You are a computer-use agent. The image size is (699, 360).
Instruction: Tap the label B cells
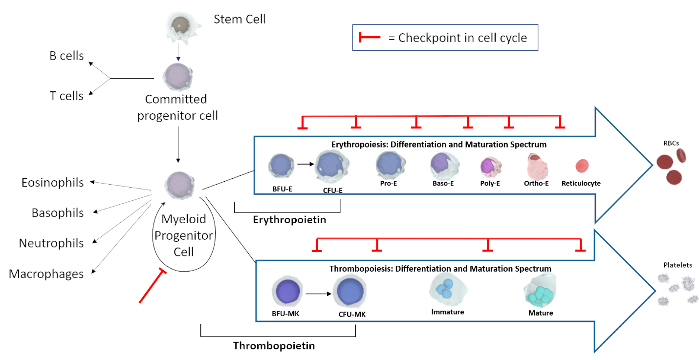(66, 56)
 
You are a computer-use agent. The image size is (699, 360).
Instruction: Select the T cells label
(66, 96)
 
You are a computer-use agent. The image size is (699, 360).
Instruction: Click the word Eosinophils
(52, 183)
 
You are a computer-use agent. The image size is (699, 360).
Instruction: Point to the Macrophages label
(46, 274)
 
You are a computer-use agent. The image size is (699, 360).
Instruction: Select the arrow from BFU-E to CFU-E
(306, 164)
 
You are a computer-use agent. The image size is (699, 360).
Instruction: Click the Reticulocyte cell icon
(582, 166)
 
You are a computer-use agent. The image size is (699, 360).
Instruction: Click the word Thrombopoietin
(274, 346)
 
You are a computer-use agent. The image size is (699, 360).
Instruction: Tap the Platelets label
(677, 265)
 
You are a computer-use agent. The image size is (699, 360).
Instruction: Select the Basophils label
(57, 213)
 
